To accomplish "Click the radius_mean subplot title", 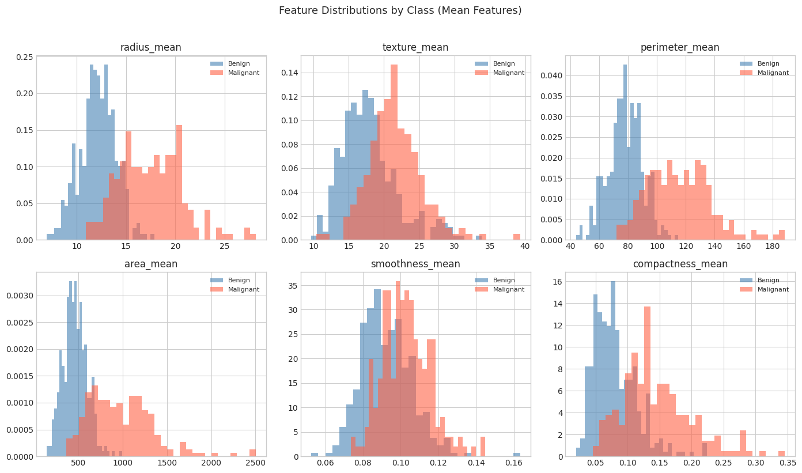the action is coord(151,48).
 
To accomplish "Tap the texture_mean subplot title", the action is coord(415,48).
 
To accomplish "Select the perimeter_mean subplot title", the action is coord(680,48).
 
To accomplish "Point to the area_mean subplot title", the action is coord(151,264).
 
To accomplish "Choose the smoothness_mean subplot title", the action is coord(415,264).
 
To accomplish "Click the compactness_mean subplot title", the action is coord(680,264).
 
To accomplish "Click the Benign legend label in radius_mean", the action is coord(239,64).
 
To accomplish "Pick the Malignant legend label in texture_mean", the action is coord(508,73).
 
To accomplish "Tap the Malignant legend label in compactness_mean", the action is coord(773,290).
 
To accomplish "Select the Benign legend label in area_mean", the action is coord(239,281).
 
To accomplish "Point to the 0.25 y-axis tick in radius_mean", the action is coord(24,57).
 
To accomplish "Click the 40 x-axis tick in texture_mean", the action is coord(525,247).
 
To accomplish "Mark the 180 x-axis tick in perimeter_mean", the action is coord(772,247).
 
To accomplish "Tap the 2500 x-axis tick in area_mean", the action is coord(255,463).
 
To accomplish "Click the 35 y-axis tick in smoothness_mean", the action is coord(293,286).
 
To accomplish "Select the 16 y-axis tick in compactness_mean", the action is coord(558,282).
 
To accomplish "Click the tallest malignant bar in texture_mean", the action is coord(394,152).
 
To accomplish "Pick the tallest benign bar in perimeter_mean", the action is coord(625,152).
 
